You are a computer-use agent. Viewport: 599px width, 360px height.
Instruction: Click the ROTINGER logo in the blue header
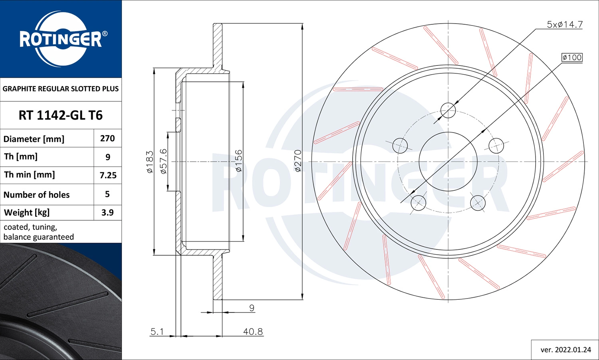[61, 39]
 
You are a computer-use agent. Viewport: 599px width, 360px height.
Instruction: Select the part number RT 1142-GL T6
[61, 115]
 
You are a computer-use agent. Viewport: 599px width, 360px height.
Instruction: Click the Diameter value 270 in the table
[107, 138]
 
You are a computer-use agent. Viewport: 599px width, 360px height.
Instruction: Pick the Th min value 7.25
[108, 175]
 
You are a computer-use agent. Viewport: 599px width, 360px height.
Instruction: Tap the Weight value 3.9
[107, 213]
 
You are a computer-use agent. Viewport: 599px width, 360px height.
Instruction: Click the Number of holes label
[37, 195]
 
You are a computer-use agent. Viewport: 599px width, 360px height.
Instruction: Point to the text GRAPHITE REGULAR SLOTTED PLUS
[61, 89]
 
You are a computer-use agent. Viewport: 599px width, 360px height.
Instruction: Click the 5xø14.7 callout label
[564, 24]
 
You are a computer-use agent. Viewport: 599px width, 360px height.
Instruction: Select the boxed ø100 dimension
[572, 57]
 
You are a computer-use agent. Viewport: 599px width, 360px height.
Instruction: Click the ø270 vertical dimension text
[298, 161]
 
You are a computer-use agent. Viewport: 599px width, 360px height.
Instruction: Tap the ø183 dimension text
[150, 162]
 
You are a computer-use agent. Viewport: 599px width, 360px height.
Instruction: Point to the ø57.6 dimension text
[163, 161]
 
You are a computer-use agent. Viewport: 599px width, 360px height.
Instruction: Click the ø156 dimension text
[238, 161]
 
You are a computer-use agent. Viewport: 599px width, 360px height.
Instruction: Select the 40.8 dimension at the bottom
[253, 331]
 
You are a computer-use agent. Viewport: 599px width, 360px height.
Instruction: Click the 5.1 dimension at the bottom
[157, 331]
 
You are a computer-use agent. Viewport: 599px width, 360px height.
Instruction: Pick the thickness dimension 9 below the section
[252, 308]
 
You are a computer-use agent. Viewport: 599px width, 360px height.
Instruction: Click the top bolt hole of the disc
[448, 110]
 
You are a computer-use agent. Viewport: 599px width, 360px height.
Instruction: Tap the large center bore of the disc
[448, 162]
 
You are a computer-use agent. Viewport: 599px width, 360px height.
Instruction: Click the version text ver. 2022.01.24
[565, 350]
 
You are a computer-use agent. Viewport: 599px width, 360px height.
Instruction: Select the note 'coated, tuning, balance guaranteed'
[39, 232]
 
